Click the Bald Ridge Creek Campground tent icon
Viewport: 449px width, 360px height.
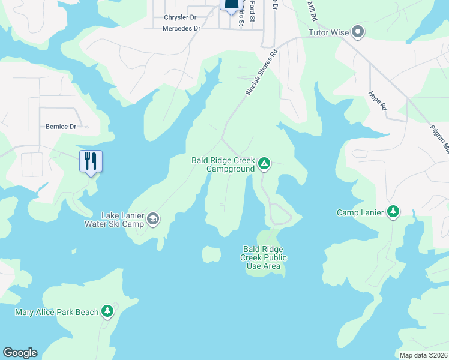(x=263, y=163)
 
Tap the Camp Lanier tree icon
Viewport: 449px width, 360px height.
(x=393, y=212)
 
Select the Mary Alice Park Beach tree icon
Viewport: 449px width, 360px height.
(x=107, y=311)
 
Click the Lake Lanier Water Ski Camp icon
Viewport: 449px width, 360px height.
(x=153, y=219)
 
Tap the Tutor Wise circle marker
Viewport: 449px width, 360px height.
(x=358, y=32)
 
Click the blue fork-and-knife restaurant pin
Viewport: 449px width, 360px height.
(x=91, y=162)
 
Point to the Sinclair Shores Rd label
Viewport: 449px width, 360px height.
(x=262, y=72)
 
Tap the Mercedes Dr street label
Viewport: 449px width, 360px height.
(x=181, y=28)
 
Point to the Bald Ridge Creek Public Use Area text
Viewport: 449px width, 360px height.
(x=264, y=257)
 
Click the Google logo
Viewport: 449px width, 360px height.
(x=20, y=353)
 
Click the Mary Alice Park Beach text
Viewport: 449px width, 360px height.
(x=56, y=312)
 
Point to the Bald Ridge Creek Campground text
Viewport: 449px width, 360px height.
(x=223, y=164)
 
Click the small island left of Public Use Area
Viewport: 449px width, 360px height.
(x=211, y=254)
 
